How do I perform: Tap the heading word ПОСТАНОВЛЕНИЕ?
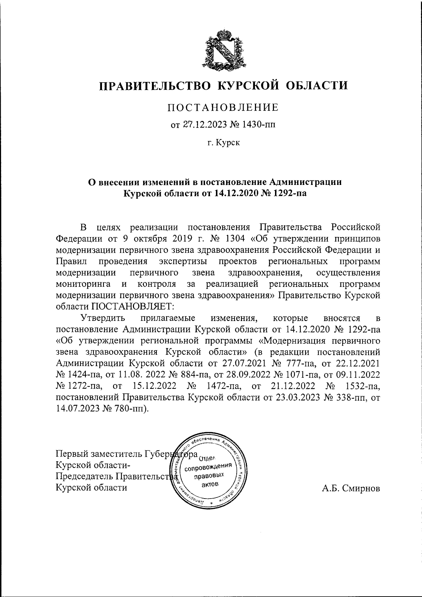pos(223,107)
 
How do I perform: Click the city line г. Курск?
pos(223,143)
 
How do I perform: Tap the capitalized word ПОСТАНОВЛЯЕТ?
pos(133,306)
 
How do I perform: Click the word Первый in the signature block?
pos(71,454)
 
